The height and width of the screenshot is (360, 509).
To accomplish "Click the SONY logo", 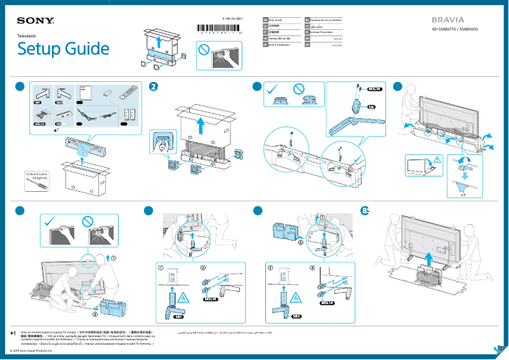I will (x=36, y=21).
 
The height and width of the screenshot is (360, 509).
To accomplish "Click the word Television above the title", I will (x=27, y=36).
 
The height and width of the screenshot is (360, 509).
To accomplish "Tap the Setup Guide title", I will (x=63, y=50).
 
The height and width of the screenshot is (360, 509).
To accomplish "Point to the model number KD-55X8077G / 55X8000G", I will (x=454, y=30).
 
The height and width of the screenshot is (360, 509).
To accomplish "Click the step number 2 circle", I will (x=153, y=86).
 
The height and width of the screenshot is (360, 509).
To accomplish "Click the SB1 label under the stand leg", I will (x=178, y=316).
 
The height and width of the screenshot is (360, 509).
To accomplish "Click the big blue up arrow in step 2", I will (x=200, y=126).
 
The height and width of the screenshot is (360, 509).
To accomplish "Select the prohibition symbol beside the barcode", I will (x=203, y=49).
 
